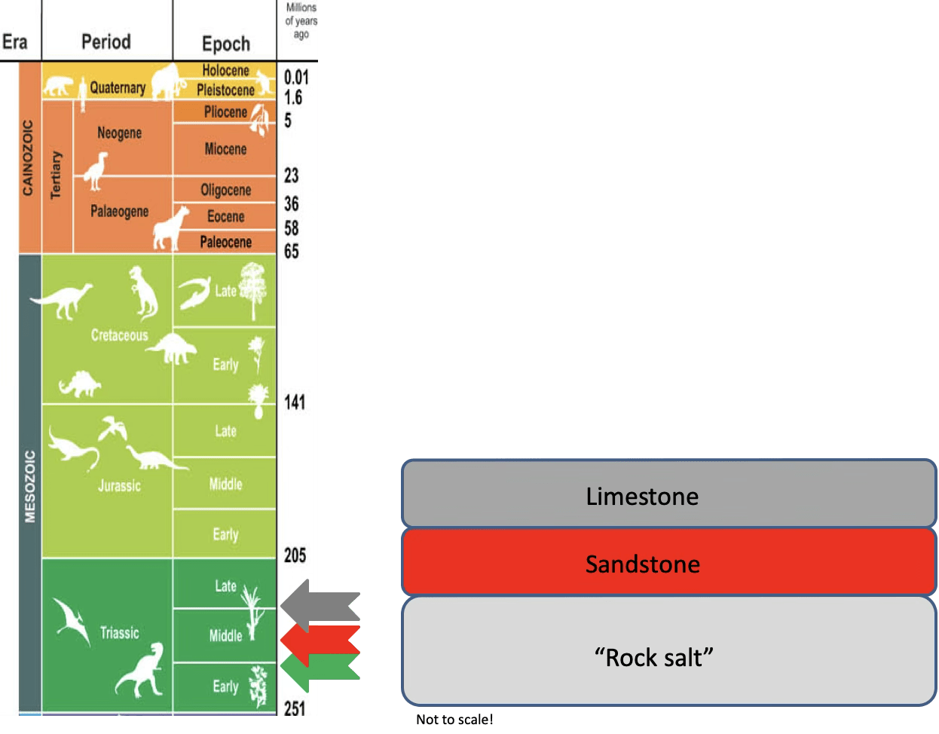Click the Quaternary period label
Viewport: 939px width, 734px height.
point(118,87)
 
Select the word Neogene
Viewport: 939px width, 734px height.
point(119,133)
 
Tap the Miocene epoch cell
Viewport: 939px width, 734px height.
point(225,149)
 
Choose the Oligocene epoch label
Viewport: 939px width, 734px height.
point(225,190)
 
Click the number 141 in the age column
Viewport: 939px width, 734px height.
point(295,402)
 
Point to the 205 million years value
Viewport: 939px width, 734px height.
point(295,555)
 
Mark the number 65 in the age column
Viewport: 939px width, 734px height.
point(292,252)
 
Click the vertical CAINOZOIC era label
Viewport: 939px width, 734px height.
point(29,158)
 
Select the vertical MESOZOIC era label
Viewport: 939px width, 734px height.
point(30,486)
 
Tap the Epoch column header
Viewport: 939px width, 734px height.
point(225,44)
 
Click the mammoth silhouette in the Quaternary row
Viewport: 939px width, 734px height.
point(167,81)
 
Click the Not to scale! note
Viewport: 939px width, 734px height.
point(454,720)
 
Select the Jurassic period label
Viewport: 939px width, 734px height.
point(119,486)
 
